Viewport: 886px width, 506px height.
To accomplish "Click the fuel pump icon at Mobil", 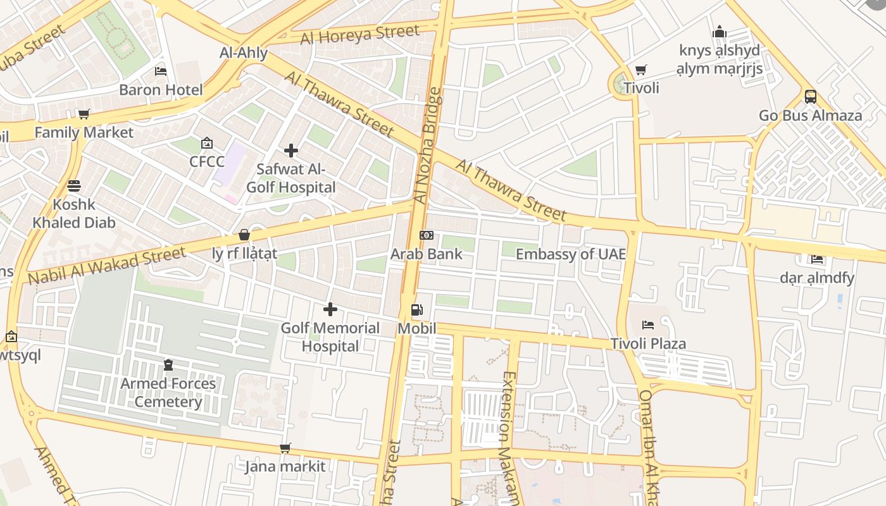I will click(417, 310).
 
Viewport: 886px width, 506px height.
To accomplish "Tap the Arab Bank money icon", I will click(427, 235).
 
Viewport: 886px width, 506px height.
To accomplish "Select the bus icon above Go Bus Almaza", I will click(810, 97).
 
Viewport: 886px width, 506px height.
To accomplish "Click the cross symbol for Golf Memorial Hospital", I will click(330, 309).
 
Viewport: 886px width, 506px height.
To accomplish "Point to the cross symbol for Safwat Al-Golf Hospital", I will click(291, 151).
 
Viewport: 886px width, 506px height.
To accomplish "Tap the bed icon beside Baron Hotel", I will click(161, 71).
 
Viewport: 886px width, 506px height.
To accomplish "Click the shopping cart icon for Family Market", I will click(84, 114).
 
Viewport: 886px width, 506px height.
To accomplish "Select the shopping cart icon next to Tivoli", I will click(641, 70).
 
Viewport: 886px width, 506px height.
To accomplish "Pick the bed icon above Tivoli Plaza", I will click(648, 325).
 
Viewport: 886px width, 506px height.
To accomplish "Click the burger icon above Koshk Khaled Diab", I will click(74, 186).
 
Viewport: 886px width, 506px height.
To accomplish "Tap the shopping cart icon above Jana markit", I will click(285, 448).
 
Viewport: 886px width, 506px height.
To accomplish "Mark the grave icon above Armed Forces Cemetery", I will click(168, 365).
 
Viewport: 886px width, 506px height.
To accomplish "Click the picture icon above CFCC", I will click(206, 144).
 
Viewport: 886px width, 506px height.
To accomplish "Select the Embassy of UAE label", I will click(570, 254).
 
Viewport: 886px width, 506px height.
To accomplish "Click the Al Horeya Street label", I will click(359, 35).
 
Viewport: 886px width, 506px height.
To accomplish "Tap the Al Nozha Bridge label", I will click(428, 145).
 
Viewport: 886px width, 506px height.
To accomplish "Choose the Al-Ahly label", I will click(244, 53).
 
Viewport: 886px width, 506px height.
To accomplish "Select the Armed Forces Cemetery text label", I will click(168, 393).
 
